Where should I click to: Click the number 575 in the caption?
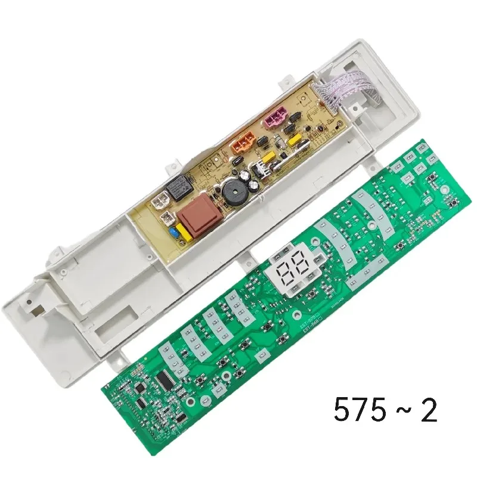click(x=357, y=411)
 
